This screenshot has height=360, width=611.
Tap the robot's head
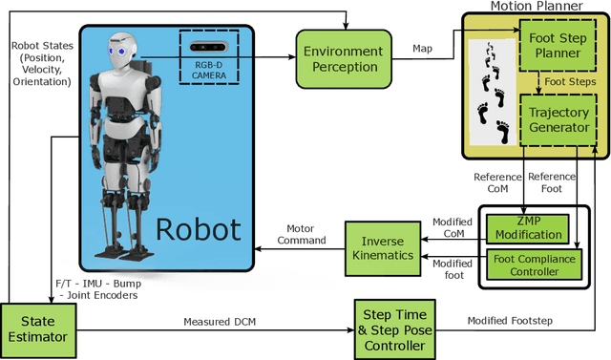tap(119, 47)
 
